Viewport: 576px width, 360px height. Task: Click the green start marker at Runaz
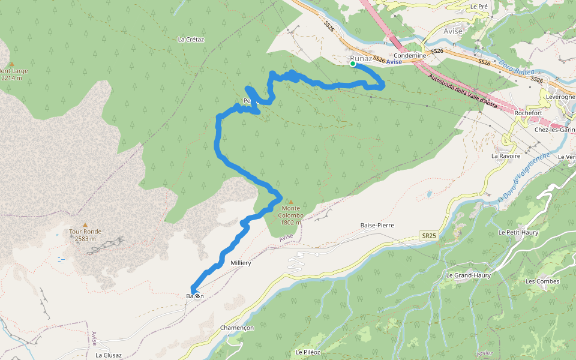click(353, 64)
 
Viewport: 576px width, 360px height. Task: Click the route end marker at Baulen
click(197, 295)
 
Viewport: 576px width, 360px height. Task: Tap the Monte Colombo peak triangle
click(291, 202)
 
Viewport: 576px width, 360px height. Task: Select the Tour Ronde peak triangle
click(85, 224)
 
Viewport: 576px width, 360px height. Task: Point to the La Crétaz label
click(191, 40)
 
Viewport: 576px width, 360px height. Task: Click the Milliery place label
click(241, 263)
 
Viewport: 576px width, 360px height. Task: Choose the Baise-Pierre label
click(376, 225)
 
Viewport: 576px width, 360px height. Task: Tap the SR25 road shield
click(428, 236)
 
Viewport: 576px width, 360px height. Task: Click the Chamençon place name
click(238, 328)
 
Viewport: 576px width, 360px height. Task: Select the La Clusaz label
click(109, 355)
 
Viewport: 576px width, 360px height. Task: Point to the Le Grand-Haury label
click(468, 275)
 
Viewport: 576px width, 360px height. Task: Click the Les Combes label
click(542, 281)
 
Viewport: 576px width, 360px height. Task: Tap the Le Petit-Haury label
click(519, 232)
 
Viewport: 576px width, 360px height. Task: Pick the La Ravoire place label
click(506, 156)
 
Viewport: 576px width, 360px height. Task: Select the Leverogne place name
click(560, 97)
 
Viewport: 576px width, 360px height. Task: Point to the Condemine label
click(410, 56)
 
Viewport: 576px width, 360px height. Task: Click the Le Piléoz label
click(309, 352)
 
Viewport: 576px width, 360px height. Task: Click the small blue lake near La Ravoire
click(430, 194)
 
